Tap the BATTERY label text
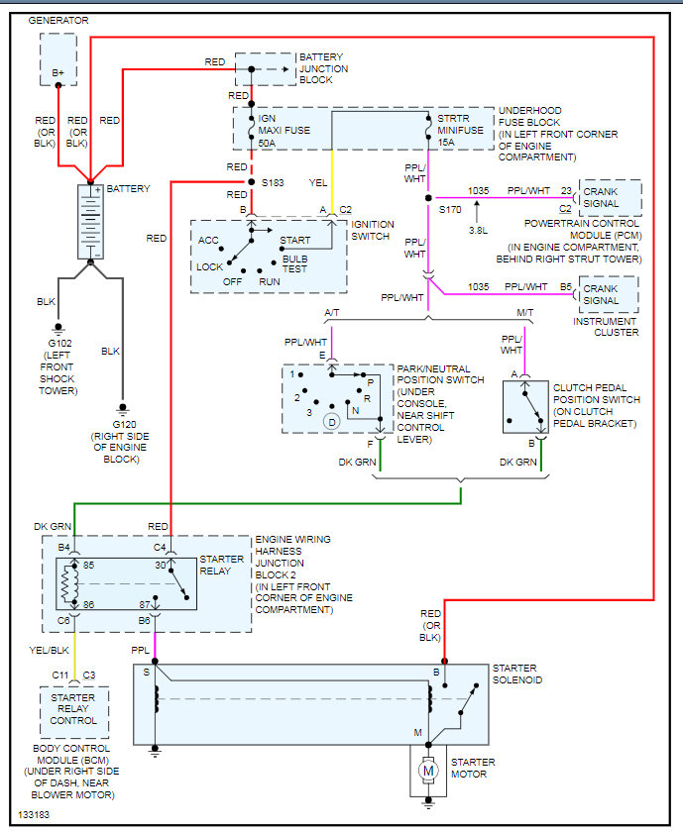point(129,188)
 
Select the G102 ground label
point(58,343)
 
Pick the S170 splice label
point(449,209)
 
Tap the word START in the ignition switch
point(294,241)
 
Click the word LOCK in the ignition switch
point(210,267)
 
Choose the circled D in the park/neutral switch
point(333,422)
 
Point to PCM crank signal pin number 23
point(566,190)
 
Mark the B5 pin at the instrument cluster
point(566,287)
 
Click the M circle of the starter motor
point(429,769)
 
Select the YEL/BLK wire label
point(50,650)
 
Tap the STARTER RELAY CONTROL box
point(74,710)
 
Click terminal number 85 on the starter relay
point(87,567)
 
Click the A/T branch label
point(332,313)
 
